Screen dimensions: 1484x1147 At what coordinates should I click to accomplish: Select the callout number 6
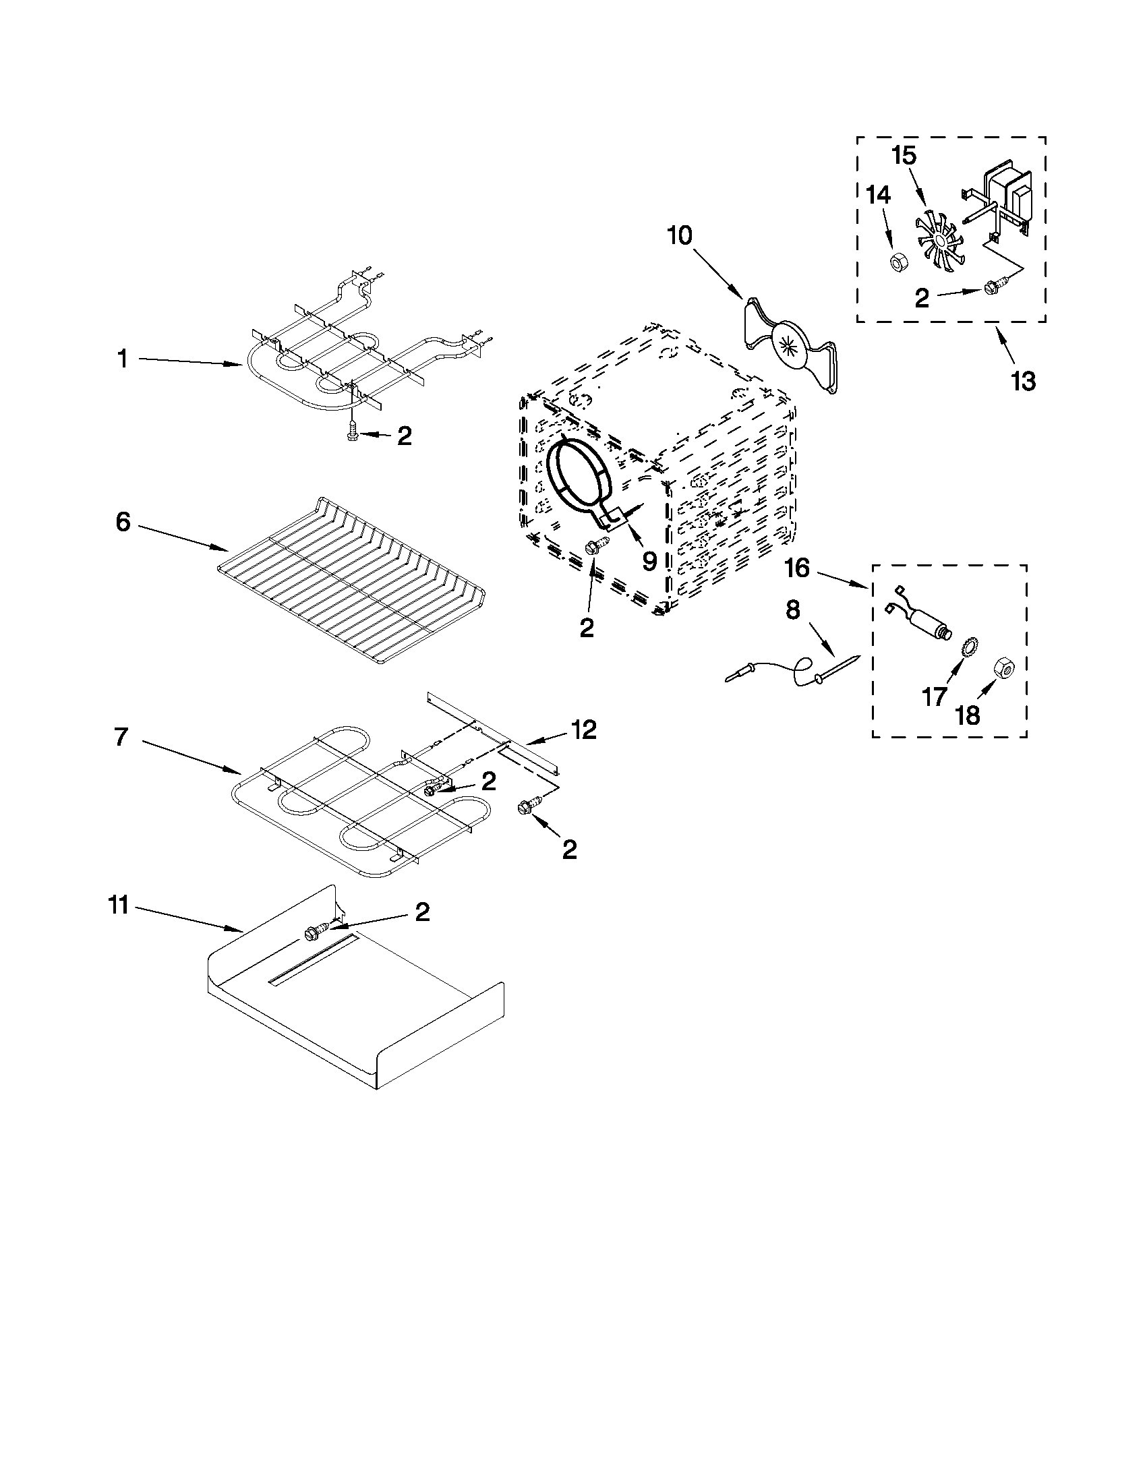click(123, 523)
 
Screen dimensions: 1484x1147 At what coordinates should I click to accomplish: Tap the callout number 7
click(121, 737)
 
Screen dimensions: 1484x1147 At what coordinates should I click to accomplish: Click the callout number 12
click(584, 730)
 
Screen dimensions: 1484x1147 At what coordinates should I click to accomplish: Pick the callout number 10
click(680, 236)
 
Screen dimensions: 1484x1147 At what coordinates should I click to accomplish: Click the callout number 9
click(649, 561)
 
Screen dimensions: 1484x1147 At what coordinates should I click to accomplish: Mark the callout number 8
click(793, 610)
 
